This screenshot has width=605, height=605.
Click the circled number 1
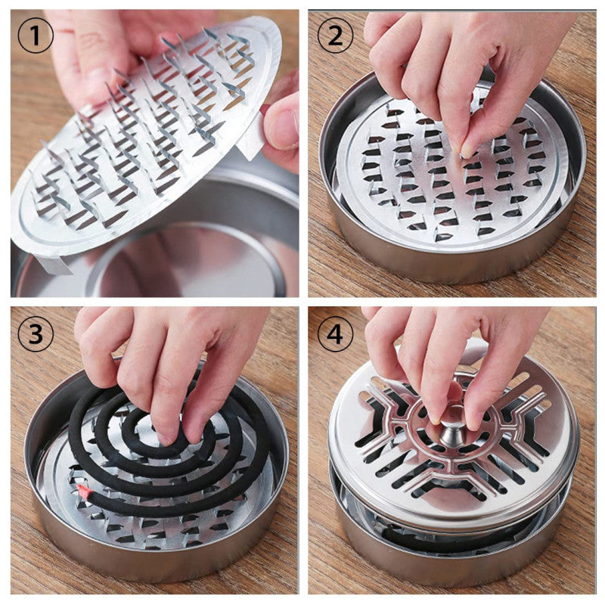pyautogui.click(x=36, y=36)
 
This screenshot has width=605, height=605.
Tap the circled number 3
pyautogui.click(x=36, y=334)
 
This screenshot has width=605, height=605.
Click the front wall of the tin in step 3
pyautogui.click(x=151, y=567)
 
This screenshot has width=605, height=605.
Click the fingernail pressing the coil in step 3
pyautogui.click(x=165, y=436)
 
